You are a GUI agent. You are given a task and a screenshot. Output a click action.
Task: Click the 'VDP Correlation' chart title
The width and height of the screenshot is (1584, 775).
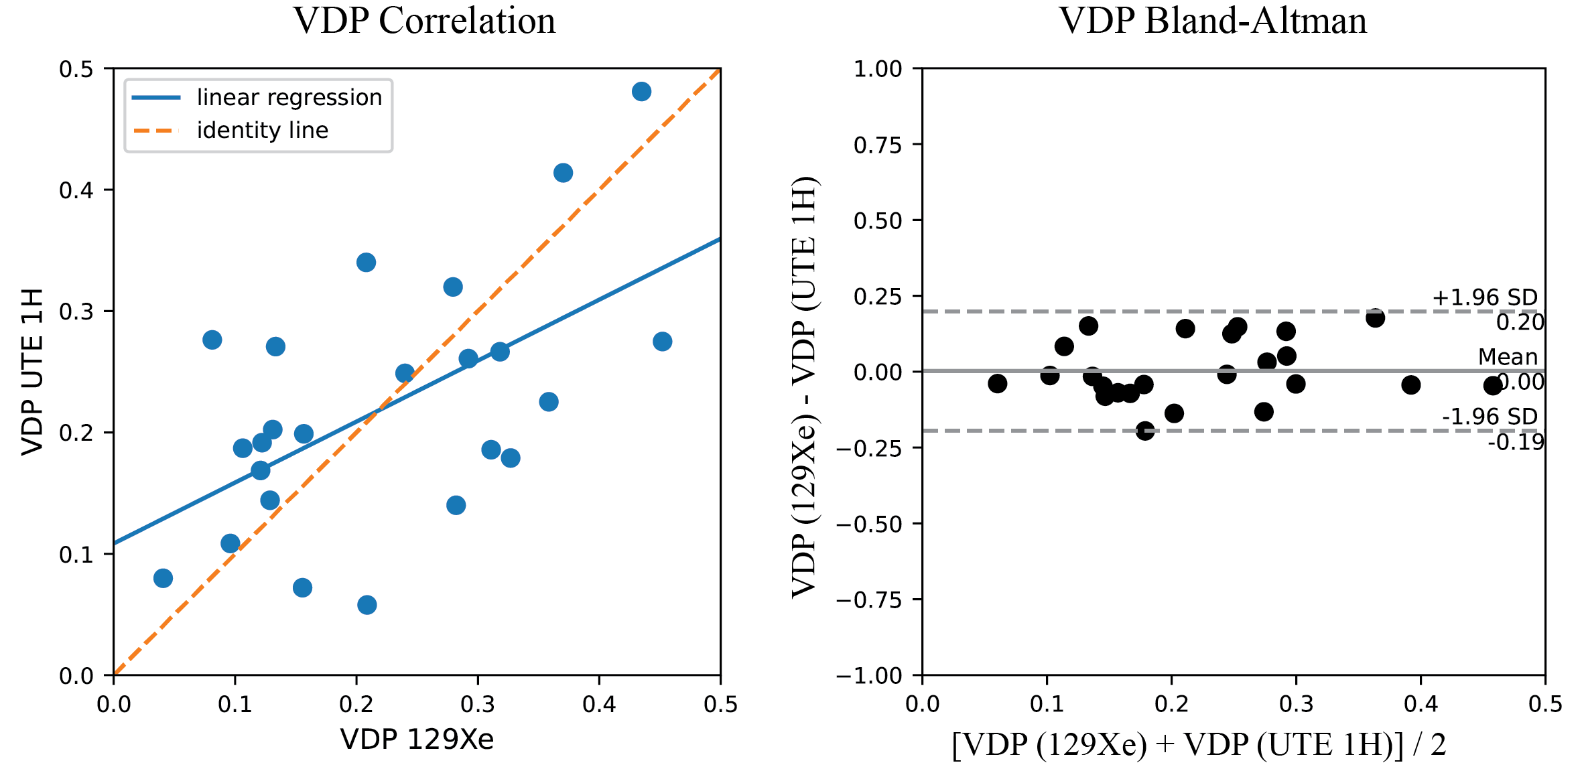[424, 21]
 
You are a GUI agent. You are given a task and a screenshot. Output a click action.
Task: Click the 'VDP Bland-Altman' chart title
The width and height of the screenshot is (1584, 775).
[1213, 21]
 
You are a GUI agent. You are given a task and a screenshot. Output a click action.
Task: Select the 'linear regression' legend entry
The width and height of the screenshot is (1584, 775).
[289, 98]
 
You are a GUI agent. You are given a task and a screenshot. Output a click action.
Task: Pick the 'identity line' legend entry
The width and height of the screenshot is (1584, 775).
[262, 130]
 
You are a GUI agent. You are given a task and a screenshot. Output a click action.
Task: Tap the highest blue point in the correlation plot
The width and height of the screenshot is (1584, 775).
[641, 92]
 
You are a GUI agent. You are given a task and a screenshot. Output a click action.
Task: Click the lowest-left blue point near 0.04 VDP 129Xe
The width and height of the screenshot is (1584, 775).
[163, 578]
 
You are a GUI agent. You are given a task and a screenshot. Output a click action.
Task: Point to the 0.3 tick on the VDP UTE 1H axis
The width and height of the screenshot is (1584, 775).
[76, 311]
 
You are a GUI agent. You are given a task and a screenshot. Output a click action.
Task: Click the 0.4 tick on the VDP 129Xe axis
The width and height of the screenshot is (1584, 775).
[599, 704]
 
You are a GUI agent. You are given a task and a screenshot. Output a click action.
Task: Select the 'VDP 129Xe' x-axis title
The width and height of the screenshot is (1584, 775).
[417, 739]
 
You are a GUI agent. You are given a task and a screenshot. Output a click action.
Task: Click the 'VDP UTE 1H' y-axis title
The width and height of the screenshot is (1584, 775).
[32, 372]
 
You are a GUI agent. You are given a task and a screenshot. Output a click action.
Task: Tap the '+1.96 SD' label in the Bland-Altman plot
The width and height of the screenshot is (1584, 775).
[1484, 297]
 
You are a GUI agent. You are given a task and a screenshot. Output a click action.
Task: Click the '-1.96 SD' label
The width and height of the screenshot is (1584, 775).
[1489, 417]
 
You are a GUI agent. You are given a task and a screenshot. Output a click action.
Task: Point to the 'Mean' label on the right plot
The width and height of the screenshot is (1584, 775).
[1508, 357]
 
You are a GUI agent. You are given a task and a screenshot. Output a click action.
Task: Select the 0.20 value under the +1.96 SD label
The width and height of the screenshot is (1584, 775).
[1520, 323]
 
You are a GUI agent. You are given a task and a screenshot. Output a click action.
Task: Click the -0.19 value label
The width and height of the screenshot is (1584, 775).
[1516, 442]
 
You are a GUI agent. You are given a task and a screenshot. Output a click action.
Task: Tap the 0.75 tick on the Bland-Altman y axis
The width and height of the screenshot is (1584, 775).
[878, 145]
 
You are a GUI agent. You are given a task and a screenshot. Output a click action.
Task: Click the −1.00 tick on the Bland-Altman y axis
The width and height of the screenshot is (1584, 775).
[869, 675]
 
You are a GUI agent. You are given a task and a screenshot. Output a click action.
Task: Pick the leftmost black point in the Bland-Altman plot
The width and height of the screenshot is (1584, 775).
[997, 383]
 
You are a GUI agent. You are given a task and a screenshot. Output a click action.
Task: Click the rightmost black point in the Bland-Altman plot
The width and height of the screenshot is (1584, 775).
[1492, 385]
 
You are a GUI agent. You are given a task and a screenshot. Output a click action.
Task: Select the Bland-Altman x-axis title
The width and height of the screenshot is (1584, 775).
[1199, 745]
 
